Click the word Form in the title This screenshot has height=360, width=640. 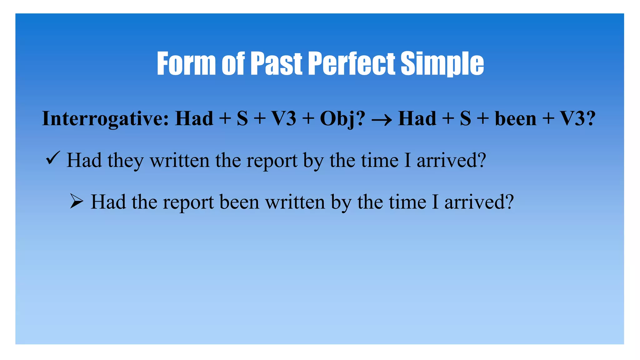coord(186,64)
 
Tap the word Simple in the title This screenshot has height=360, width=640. coord(442,64)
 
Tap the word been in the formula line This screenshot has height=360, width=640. coord(516,119)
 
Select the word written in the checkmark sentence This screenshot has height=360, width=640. coord(180,161)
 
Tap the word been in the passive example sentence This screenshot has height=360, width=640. coord(239,202)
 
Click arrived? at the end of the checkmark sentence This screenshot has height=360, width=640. coord(451,161)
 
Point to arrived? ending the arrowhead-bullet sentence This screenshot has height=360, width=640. coord(479,202)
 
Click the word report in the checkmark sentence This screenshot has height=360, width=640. coord(272,161)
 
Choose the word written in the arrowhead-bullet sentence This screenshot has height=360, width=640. coord(295,202)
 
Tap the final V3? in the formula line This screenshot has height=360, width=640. coord(577,119)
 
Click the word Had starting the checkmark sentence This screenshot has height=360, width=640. coord(84,161)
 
